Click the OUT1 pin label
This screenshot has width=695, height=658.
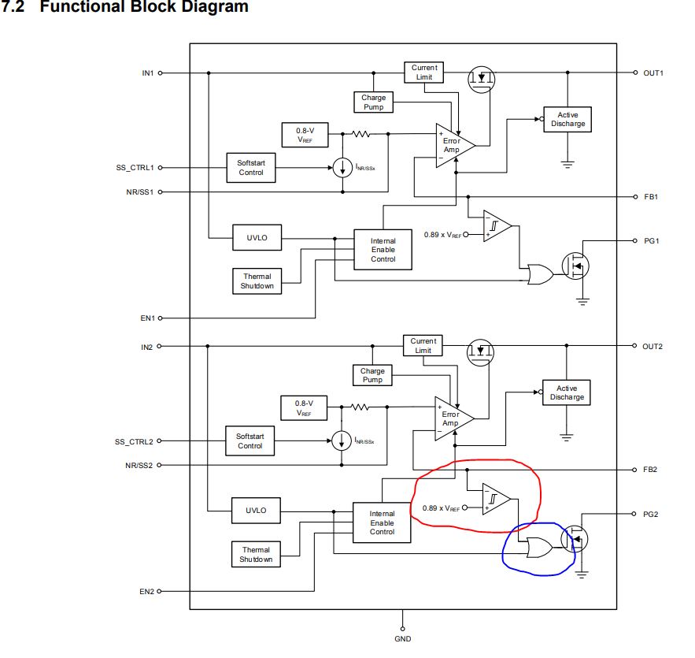pos(653,72)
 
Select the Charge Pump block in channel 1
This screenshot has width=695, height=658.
pos(374,102)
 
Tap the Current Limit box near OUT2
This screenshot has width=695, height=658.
pos(423,345)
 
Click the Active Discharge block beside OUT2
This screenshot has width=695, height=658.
pos(567,392)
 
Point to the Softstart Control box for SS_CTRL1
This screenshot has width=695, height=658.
pos(251,167)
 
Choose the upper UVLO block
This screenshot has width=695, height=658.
pos(257,237)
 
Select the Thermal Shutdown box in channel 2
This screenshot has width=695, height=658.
pos(256,554)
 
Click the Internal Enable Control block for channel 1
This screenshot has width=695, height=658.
pos(383,250)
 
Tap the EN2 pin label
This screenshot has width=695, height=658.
pos(146,590)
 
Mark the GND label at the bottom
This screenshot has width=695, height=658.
pos(402,638)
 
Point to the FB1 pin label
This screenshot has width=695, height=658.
pos(649,196)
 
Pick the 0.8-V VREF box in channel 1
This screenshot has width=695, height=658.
pos(303,134)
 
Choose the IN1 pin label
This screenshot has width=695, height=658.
pos(147,72)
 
